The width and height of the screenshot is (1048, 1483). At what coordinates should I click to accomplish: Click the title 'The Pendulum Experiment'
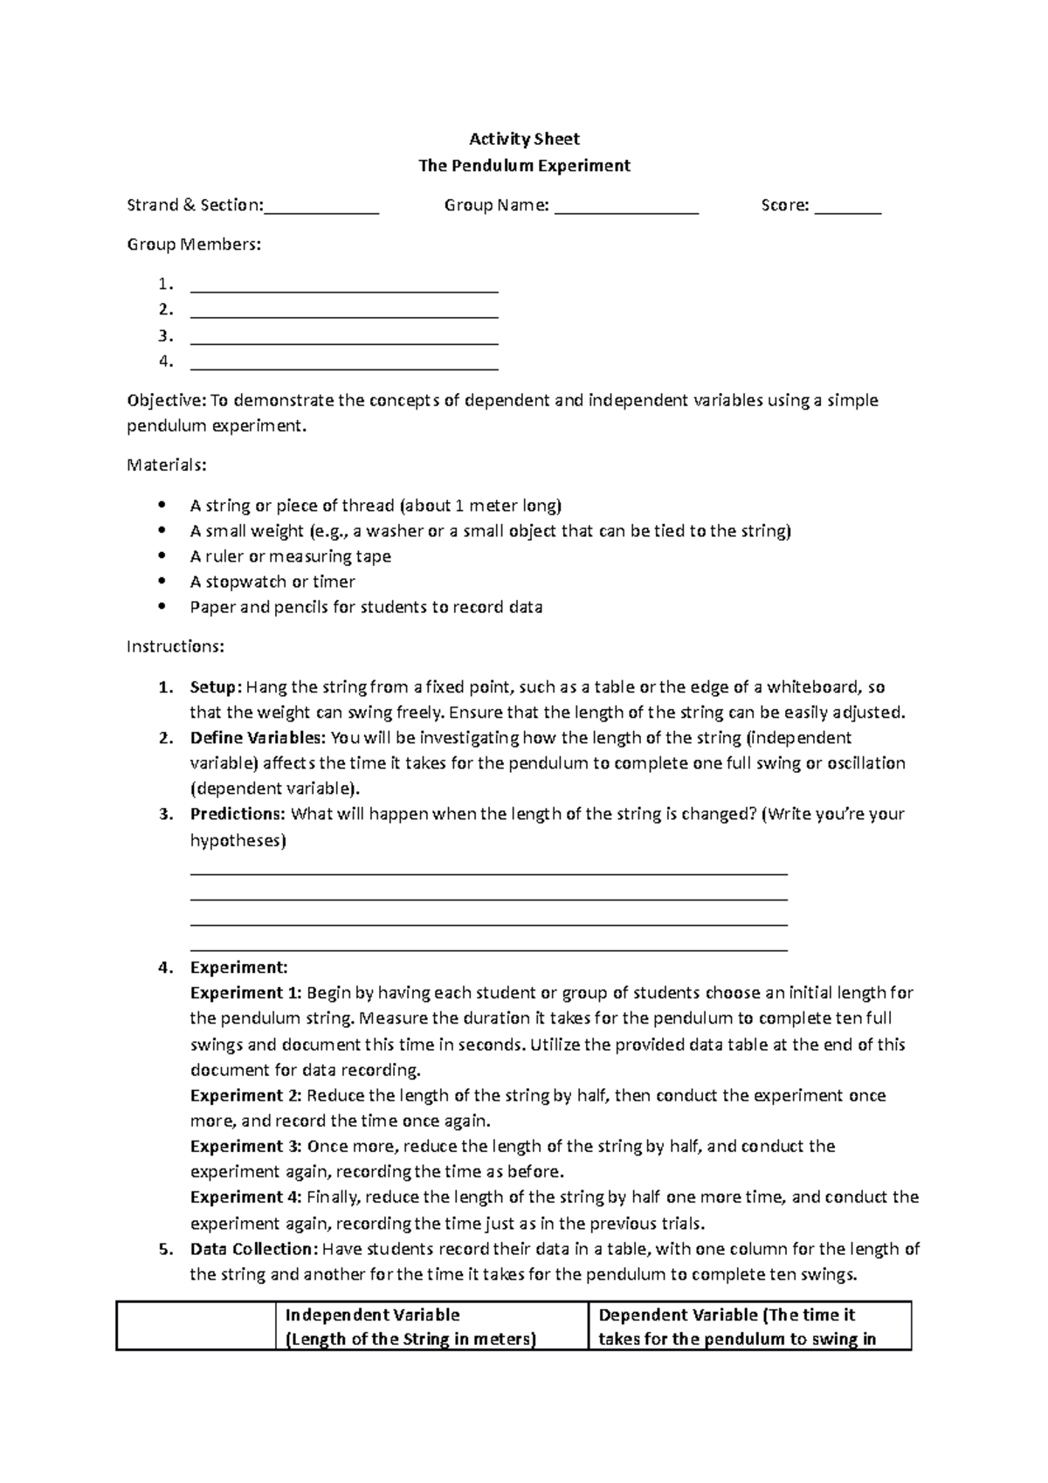(524, 166)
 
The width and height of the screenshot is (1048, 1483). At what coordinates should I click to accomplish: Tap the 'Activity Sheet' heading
(524, 139)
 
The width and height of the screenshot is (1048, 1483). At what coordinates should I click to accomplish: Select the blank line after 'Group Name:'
(626, 210)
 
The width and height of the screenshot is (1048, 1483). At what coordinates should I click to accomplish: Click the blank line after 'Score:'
(848, 210)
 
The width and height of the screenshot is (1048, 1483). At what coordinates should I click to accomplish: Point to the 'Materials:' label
(167, 465)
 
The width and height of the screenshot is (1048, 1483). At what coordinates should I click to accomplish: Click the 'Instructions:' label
(176, 647)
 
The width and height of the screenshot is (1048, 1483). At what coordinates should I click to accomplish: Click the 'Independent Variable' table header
(372, 1315)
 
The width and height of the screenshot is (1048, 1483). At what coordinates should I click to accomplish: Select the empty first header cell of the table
(196, 1327)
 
